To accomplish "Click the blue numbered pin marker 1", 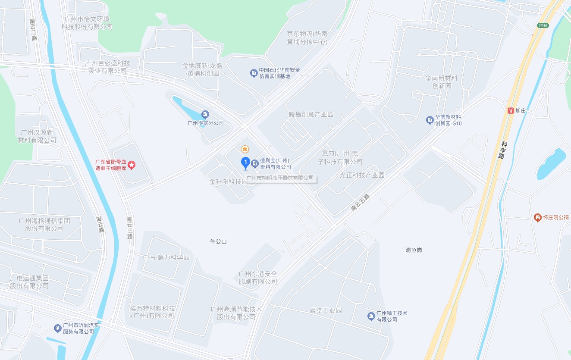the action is click(x=245, y=163).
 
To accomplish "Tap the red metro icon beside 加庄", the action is click(x=511, y=110).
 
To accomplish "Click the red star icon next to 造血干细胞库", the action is click(x=132, y=165).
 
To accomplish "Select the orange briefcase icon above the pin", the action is click(x=245, y=149).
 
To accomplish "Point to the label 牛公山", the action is click(x=218, y=241).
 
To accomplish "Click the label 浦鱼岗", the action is click(x=414, y=250).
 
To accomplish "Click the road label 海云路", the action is click(x=100, y=224).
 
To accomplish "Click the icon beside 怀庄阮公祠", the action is click(x=537, y=218).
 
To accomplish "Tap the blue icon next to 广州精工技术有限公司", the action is click(x=371, y=316).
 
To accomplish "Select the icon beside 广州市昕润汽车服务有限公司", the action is click(x=57, y=329).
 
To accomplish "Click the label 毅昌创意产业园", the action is click(x=311, y=115).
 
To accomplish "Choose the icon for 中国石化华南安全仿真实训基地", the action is click(x=254, y=73).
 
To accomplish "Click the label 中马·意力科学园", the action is click(x=166, y=258).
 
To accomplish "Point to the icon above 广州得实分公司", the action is click(x=205, y=115).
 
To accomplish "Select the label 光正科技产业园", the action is click(x=362, y=175).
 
